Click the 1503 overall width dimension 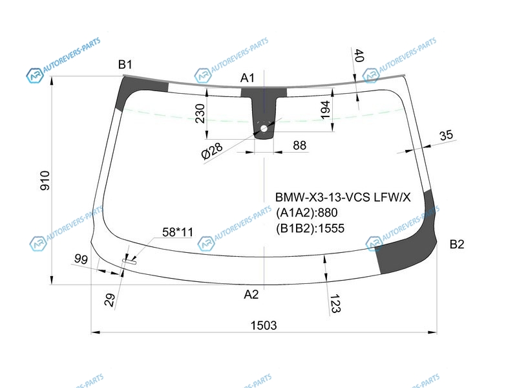point(264,325)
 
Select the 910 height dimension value point(45,180)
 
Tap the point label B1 point(125,64)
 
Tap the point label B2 point(457,244)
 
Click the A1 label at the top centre point(248,78)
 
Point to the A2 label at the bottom point(251,294)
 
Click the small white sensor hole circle point(264,128)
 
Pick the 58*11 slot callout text point(178,232)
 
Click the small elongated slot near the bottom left point(129,261)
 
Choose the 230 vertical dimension point(200,113)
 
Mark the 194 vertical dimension point(325,109)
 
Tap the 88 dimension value point(299,145)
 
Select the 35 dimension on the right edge point(446,135)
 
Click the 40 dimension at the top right point(359,56)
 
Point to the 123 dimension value point(335,303)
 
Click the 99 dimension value point(81,259)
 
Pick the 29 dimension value point(110,300)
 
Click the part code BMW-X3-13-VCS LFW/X point(343,197)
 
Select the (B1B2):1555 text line point(310,228)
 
